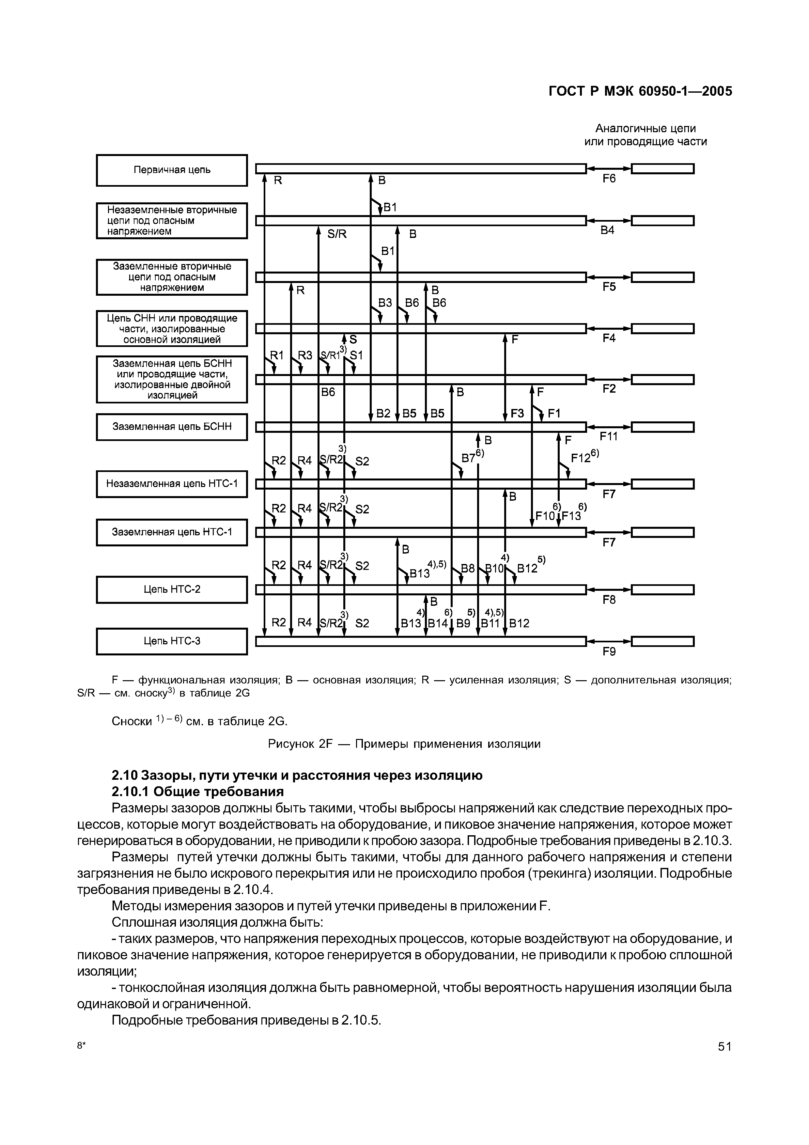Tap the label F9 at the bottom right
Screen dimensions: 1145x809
click(x=609, y=651)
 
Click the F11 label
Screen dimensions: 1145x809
click(x=609, y=436)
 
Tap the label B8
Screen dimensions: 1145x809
click(x=468, y=568)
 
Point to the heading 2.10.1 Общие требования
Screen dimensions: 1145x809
click(x=197, y=792)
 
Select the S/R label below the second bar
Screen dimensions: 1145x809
click(x=337, y=234)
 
